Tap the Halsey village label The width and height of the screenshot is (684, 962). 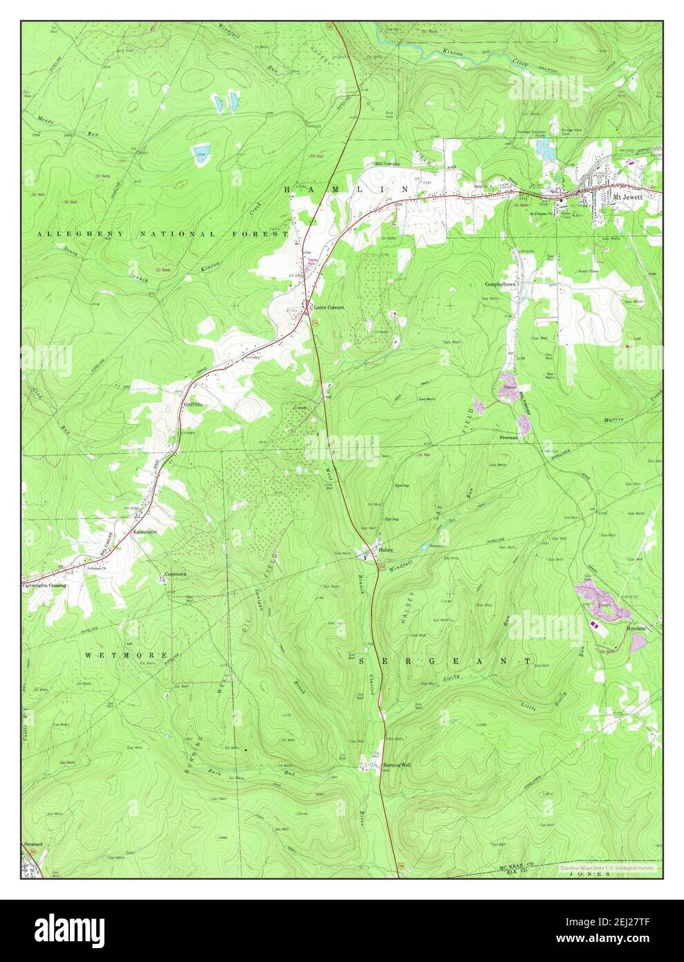(x=386, y=550)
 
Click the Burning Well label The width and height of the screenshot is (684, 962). (x=397, y=765)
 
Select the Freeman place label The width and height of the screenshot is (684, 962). (x=509, y=438)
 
